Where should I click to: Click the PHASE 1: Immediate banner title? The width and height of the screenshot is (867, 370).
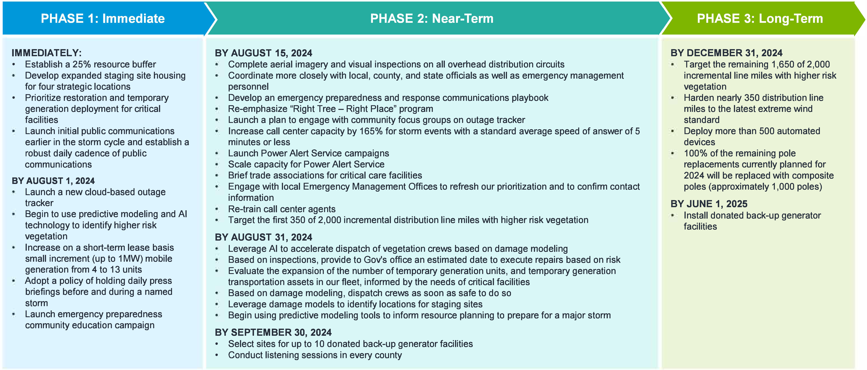click(x=103, y=19)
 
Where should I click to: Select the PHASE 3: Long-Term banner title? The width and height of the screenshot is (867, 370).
click(x=760, y=19)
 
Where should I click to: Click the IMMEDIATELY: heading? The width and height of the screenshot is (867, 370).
click(x=46, y=53)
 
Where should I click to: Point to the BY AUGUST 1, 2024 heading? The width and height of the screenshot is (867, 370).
click(x=53, y=181)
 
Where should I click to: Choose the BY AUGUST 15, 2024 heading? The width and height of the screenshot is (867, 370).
click(x=263, y=53)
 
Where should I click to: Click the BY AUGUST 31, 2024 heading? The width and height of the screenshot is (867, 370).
click(x=263, y=237)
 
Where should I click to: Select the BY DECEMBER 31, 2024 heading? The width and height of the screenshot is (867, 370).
click(x=726, y=53)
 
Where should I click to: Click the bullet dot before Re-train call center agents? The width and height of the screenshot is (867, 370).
click(x=217, y=209)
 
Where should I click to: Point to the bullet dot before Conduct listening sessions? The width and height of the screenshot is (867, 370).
click(x=217, y=355)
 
